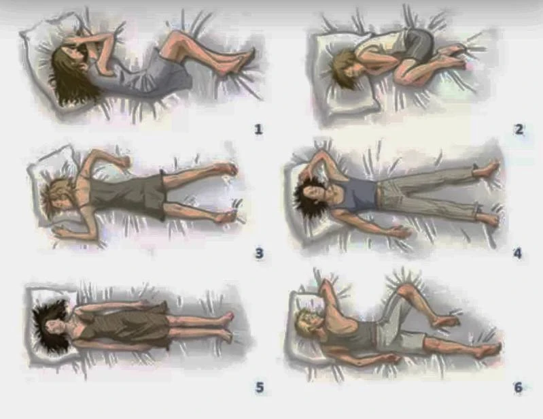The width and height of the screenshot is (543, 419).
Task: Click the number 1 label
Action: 258,129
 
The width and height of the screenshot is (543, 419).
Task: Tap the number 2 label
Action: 519,129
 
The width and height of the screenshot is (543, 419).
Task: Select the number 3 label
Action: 259,253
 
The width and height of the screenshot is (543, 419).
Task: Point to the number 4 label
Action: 517,253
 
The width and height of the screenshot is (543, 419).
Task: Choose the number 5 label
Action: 260,387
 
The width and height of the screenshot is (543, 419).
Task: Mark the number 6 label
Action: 518,387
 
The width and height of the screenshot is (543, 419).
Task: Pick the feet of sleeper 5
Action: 227,326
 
